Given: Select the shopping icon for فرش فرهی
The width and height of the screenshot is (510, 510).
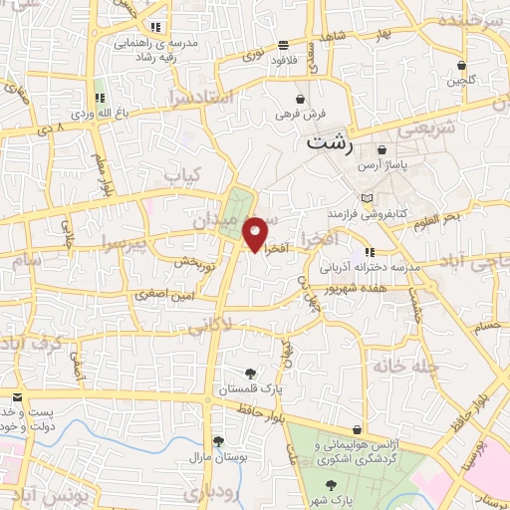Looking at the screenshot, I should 301,99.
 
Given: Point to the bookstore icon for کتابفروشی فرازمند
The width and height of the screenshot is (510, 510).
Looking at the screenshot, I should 367,197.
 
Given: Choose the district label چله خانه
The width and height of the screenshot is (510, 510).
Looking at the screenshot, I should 406,367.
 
